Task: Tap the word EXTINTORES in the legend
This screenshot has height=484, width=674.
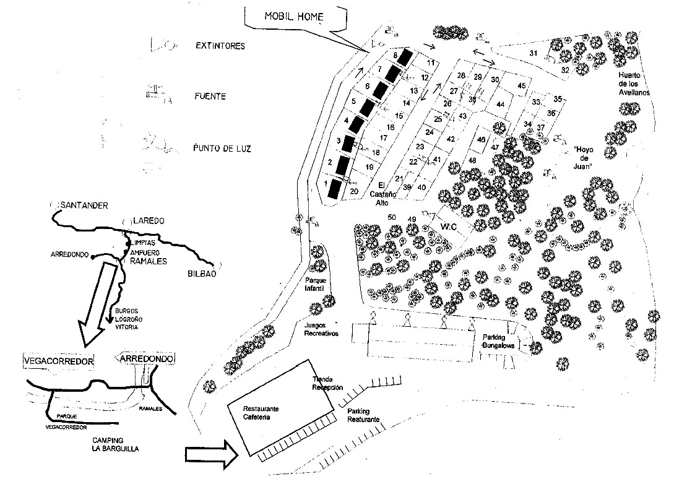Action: pyautogui.click(x=220, y=46)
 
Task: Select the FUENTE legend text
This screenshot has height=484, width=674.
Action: pyautogui.click(x=209, y=97)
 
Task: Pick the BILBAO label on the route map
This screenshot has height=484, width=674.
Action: pyautogui.click(x=201, y=274)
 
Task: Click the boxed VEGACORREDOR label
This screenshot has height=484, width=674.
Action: pyautogui.click(x=58, y=360)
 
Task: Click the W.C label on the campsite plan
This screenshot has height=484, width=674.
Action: pyautogui.click(x=448, y=227)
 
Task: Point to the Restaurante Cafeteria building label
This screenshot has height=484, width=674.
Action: pyautogui.click(x=261, y=413)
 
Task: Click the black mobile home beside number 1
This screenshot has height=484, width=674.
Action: pyautogui.click(x=335, y=188)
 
